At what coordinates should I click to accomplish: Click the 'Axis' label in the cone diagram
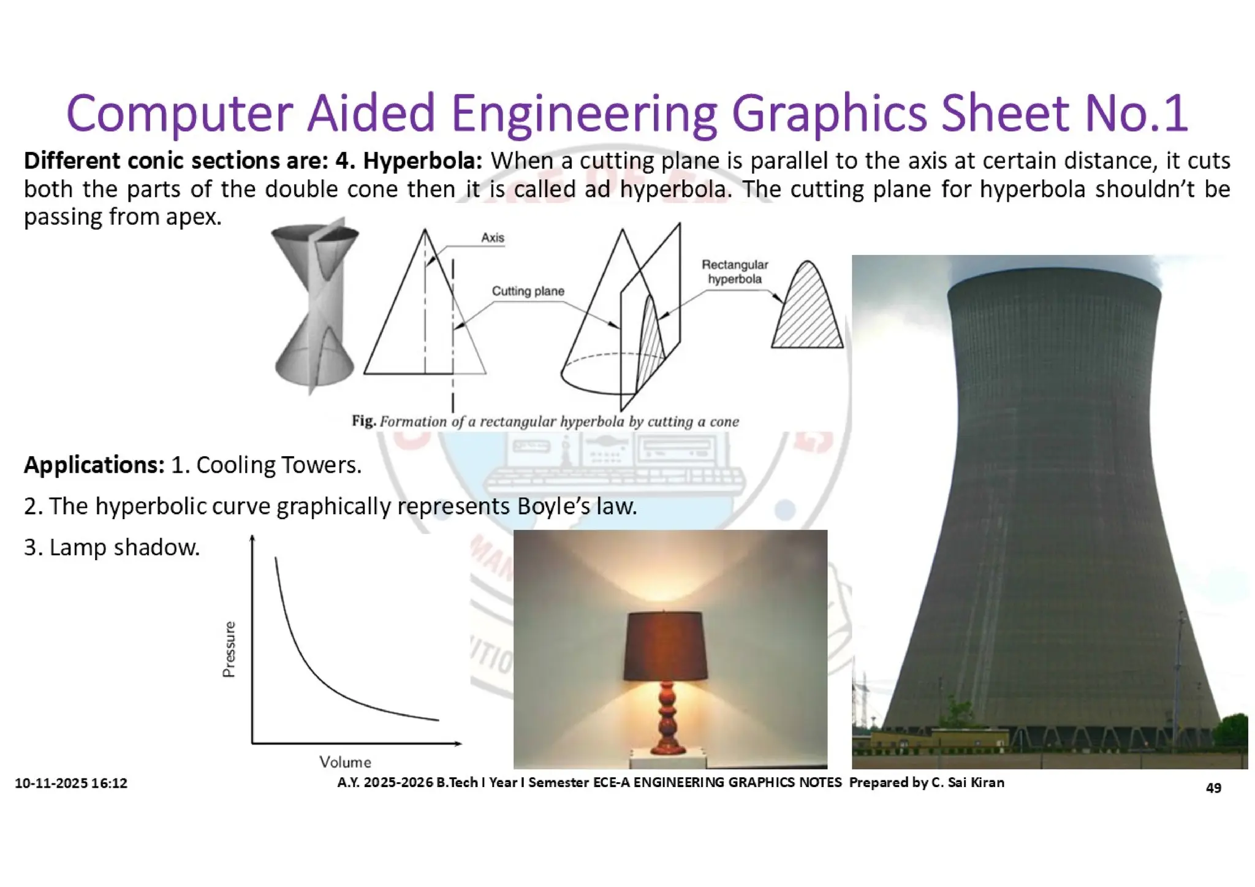[492, 238]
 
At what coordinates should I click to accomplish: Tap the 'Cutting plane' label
[528, 291]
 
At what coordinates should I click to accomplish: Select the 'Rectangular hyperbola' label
[734, 272]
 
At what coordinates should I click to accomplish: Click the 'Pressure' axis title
[229, 649]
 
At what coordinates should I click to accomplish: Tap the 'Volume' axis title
[345, 762]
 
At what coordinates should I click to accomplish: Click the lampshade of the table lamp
[664, 646]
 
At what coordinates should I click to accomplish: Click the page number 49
[1213, 788]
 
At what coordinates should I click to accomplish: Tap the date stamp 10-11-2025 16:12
[71, 783]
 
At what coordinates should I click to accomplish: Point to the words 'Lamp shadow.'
[124, 547]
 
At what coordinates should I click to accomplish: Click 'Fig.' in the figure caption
[363, 421]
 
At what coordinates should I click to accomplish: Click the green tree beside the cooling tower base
[1230, 732]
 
